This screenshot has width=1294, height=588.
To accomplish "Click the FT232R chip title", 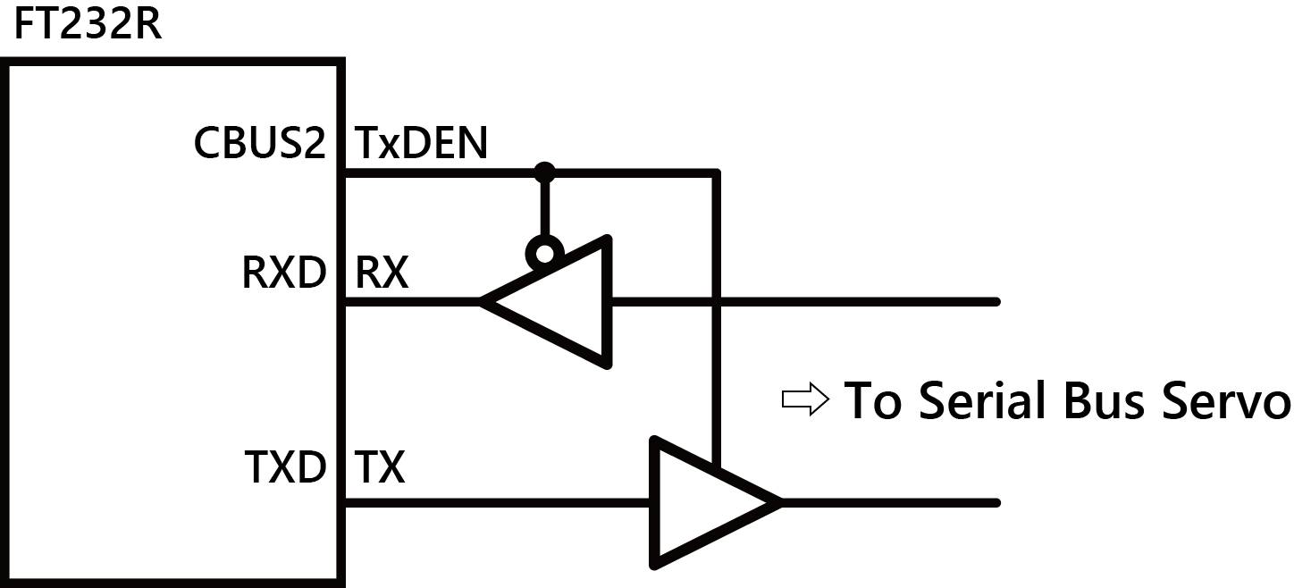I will pos(87,25).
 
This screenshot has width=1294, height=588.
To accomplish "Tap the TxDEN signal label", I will pos(422,144).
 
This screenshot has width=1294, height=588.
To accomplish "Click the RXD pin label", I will pos(284,273).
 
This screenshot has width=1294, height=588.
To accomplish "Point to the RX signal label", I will pos(382,273).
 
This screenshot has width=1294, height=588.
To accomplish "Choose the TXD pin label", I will pos(285,466).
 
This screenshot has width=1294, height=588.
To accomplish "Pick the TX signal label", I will pos(380,466).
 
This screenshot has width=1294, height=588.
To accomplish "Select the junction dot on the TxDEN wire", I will pos(542,170).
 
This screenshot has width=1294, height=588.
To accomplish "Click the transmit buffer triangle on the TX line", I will pos(706,502).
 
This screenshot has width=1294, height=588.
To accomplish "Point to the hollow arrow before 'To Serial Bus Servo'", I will pos(805,400).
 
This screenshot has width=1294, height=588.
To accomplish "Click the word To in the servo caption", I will pos(873,399).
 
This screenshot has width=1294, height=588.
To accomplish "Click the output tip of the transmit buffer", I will pos(779,503).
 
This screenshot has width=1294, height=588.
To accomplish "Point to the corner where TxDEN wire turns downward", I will pos(716,172).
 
